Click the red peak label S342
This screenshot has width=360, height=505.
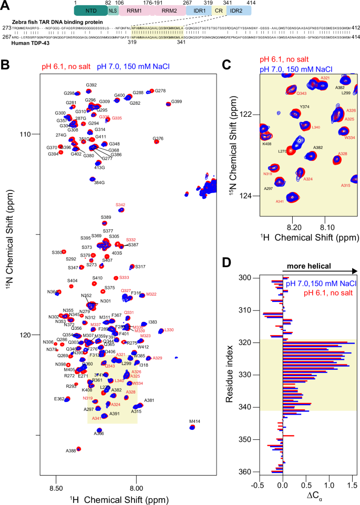pyautogui.click(x=120, y=204)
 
